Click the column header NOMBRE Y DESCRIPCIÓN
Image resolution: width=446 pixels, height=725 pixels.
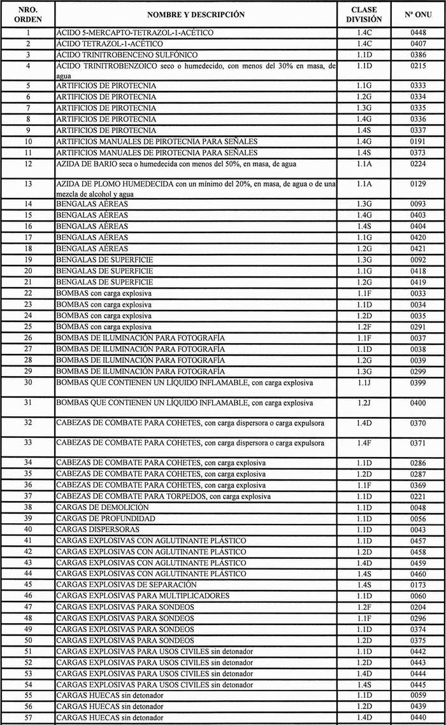[196, 14]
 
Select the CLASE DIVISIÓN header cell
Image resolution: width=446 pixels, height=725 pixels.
[364, 14]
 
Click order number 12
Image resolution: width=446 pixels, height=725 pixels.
[28, 164]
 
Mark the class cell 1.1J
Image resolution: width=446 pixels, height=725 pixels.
[364, 383]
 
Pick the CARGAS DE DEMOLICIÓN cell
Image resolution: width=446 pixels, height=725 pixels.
[103, 507]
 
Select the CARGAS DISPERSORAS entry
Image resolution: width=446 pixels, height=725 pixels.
[96, 530]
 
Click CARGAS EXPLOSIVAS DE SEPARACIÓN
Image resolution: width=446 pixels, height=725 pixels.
[126, 584]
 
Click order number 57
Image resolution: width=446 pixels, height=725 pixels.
[28, 717]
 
